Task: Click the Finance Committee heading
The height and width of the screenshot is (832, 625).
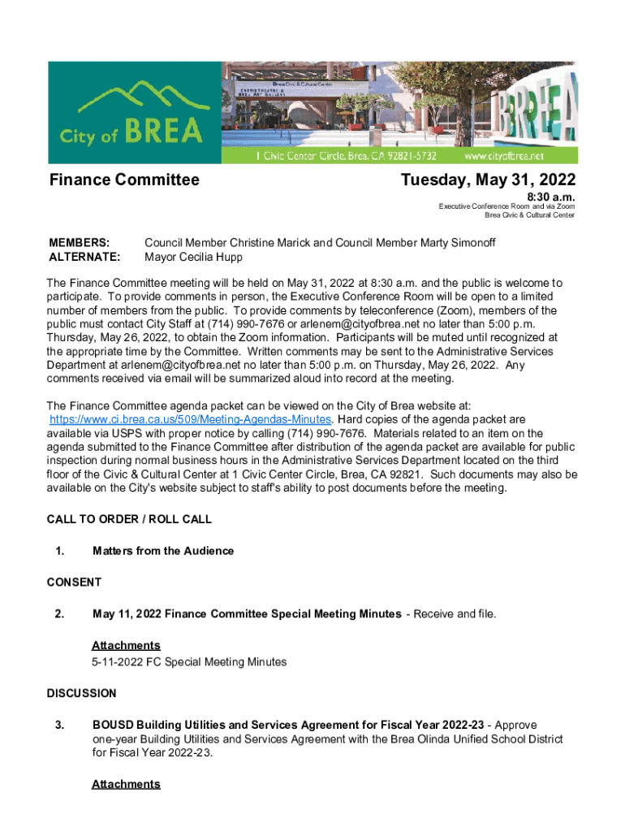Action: coord(124,180)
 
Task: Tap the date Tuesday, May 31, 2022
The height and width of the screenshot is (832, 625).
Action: coord(489,180)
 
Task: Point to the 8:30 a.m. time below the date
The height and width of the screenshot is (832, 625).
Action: coord(551,197)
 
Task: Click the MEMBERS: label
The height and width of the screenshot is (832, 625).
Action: coord(80,243)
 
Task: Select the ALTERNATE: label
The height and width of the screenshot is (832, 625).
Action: coord(85,257)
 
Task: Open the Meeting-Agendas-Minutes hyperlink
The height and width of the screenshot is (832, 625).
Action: coord(190,419)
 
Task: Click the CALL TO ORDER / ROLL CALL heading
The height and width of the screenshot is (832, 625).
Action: coord(129,519)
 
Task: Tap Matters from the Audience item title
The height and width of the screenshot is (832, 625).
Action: coord(163,551)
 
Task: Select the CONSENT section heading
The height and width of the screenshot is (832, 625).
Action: coord(74,582)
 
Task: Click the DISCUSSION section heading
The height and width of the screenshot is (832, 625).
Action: coord(81,693)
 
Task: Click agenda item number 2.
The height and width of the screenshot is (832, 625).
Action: coord(59,613)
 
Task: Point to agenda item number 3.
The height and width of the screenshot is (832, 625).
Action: coord(59,725)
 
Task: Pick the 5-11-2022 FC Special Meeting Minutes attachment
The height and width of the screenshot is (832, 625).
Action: coord(189,661)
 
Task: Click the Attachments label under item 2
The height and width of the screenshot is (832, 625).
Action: coord(126,645)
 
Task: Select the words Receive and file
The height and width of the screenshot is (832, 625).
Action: coord(455,613)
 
